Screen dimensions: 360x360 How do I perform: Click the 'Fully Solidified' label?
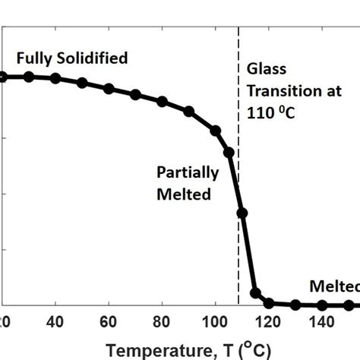point(72,58)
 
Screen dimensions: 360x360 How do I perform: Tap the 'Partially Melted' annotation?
point(188,183)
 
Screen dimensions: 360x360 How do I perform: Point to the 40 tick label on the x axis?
point(55,321)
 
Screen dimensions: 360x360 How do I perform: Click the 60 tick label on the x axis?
point(109,321)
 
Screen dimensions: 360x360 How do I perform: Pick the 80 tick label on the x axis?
point(162,321)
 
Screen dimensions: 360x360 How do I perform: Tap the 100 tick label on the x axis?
point(216,321)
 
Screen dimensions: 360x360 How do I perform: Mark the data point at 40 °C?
point(55,78)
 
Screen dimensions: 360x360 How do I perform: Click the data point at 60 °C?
point(109,89)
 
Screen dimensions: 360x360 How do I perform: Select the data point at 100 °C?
point(216,131)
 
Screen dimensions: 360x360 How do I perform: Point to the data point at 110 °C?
point(242,213)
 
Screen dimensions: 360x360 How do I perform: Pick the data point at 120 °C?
point(269,302)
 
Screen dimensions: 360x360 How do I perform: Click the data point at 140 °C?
point(322,305)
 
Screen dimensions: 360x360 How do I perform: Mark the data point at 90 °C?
point(188,112)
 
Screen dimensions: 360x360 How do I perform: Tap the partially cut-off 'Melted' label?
point(334,286)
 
